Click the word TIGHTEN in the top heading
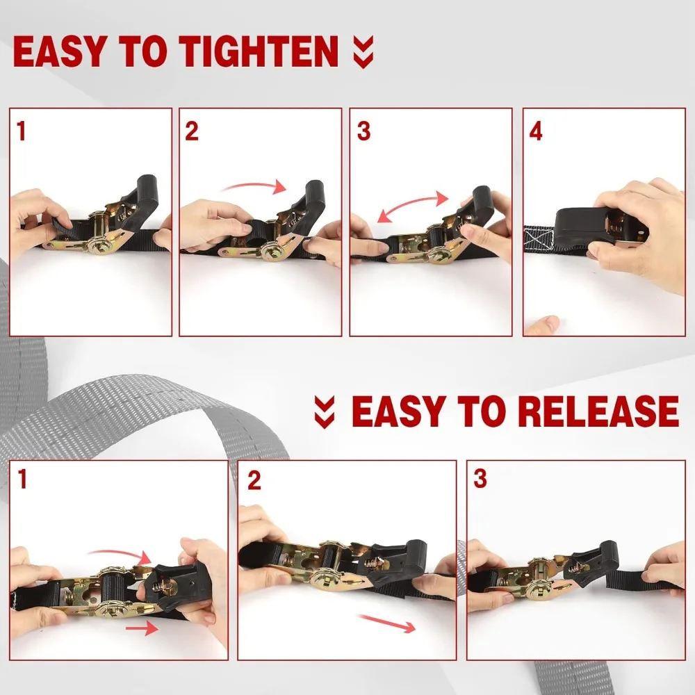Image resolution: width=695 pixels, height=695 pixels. pyautogui.click(x=259, y=51)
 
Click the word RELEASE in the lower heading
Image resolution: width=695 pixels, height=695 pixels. pyautogui.click(x=598, y=411)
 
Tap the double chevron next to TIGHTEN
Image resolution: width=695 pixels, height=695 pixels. pyautogui.click(x=363, y=52)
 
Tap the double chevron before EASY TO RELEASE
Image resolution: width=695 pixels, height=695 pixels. pyautogui.click(x=325, y=412)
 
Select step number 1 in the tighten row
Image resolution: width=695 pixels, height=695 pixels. pyautogui.click(x=22, y=131)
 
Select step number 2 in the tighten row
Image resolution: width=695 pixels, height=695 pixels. pyautogui.click(x=192, y=131)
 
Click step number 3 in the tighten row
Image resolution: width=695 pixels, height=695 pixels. pyautogui.click(x=363, y=131)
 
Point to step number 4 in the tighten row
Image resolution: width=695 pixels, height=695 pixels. pyautogui.click(x=535, y=131)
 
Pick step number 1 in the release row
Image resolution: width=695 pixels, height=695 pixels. pyautogui.click(x=22, y=479)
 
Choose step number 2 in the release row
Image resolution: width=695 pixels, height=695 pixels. pyautogui.click(x=254, y=480)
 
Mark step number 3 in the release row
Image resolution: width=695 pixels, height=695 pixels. pyautogui.click(x=480, y=479)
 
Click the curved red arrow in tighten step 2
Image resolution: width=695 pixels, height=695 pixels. pyautogui.click(x=254, y=185)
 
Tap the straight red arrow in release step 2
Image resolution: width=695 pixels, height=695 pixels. pyautogui.click(x=387, y=623)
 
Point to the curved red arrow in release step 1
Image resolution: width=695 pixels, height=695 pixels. pyautogui.click(x=120, y=555)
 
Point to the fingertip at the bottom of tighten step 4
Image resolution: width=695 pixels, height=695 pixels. pyautogui.click(x=542, y=325)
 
